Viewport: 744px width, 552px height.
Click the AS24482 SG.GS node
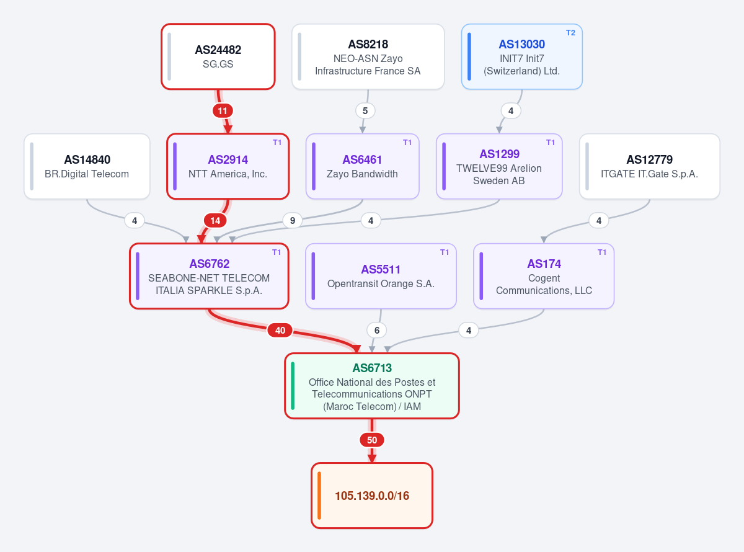218,56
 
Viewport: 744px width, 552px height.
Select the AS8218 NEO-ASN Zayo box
368,56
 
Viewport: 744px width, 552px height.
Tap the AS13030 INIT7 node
521,56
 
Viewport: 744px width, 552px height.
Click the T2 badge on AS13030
570,32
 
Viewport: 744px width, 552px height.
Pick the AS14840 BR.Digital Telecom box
87,166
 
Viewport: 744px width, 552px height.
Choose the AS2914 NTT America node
228,166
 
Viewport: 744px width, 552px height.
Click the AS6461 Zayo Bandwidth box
362,166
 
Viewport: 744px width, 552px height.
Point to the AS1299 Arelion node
499,166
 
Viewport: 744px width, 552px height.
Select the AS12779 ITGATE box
649,166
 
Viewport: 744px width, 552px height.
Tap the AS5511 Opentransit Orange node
381,276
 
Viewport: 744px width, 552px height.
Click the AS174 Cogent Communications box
544,276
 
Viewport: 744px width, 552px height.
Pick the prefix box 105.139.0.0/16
372,496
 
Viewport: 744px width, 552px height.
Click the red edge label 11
223,111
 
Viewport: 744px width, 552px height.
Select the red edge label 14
215,220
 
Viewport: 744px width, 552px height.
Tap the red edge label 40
280,331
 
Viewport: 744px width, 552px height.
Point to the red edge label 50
371,440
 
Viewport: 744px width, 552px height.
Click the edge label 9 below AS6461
293,220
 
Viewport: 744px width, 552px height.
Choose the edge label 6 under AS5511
377,331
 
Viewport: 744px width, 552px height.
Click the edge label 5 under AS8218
365,111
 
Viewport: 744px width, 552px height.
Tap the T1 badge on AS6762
277,252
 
